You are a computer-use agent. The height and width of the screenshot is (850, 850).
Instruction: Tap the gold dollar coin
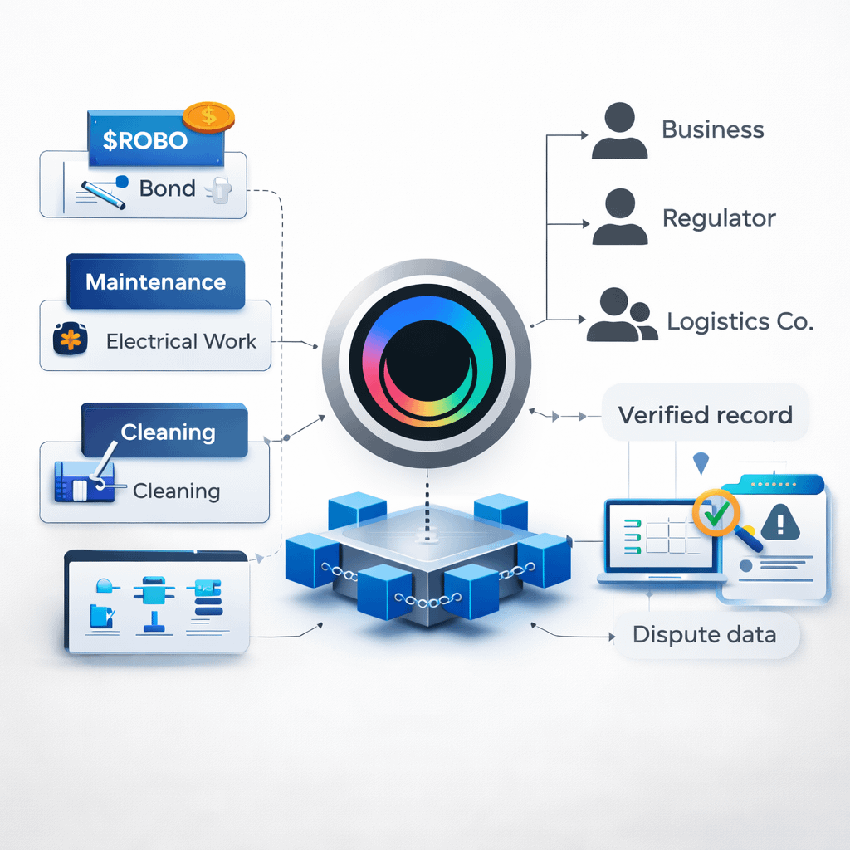coord(208,116)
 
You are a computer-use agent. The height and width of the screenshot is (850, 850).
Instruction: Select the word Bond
coord(167,188)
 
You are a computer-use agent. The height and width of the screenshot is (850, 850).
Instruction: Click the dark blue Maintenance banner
coord(155,281)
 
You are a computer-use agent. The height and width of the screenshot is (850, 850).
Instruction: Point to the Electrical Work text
coord(182,341)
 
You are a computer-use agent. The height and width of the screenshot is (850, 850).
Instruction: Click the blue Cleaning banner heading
coord(168,432)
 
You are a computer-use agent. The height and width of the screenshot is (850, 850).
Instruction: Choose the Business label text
coord(712,129)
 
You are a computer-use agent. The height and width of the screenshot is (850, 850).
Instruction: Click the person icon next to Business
coord(619,131)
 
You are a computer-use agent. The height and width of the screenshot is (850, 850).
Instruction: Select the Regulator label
coord(719,218)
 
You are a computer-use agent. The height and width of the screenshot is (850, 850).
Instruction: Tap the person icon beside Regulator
coord(619,217)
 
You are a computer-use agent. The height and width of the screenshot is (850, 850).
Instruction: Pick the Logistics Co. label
coord(740,321)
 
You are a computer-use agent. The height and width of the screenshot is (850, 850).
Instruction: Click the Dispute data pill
coord(704,635)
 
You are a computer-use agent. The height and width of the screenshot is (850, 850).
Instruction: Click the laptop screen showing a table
coord(661,535)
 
